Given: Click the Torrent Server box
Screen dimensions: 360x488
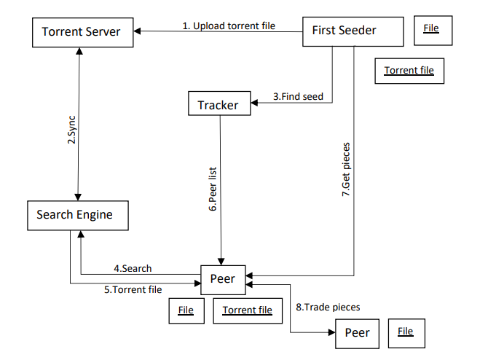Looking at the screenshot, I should tap(81, 31).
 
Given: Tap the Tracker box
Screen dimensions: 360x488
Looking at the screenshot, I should tap(218, 104).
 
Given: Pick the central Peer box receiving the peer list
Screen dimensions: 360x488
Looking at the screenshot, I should tap(222, 278).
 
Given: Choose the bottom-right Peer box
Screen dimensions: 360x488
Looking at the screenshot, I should tap(357, 332).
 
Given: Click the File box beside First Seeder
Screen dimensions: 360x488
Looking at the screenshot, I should tap(431, 28).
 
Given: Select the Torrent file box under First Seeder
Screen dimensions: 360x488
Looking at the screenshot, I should tap(409, 71).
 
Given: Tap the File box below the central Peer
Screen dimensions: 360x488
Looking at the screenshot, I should tap(186, 310).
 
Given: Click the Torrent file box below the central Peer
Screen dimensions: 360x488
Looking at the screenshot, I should tap(247, 310).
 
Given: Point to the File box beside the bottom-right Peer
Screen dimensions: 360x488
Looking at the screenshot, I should tap(406, 332).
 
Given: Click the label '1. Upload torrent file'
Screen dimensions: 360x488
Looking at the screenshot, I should tap(229, 26).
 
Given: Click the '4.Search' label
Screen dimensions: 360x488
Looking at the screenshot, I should tap(133, 269).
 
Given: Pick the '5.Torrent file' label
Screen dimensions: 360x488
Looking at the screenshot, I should tap(133, 289).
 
